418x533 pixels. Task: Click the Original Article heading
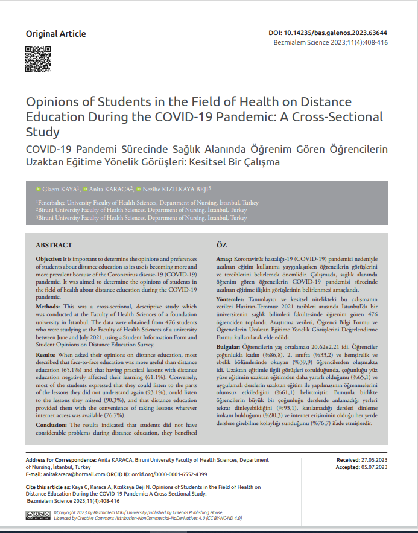coord(55,34)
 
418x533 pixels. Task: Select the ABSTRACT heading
coord(54,245)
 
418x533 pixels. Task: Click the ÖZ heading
coord(221,245)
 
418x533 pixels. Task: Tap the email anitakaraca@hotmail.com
coord(68,474)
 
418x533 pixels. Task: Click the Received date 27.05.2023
coord(374,460)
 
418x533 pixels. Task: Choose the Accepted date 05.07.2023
coord(374,467)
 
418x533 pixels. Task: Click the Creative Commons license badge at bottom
coord(39,515)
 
